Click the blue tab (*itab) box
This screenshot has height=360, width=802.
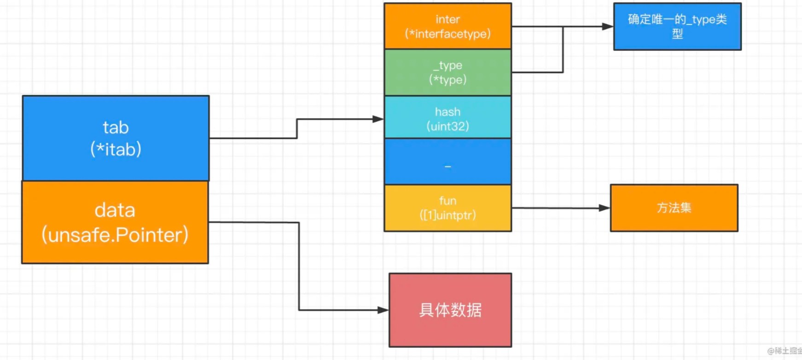[x=116, y=138]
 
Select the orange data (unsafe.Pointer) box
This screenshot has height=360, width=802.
[x=115, y=222]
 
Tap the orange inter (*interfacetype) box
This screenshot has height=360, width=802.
[x=447, y=26]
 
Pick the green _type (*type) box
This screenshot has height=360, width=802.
[x=447, y=72]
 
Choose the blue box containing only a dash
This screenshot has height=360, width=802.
[x=447, y=162]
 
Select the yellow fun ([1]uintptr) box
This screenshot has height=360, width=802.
[x=447, y=208]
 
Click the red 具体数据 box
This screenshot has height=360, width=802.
[x=450, y=310]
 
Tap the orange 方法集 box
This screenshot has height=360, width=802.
[x=674, y=208]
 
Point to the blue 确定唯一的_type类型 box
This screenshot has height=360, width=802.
[x=677, y=26]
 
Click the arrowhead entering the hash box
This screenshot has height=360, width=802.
[x=378, y=119]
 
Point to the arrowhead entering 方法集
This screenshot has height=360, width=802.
[x=604, y=208]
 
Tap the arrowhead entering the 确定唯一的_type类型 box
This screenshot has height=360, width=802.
[x=608, y=27]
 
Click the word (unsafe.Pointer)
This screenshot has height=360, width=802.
[x=115, y=235]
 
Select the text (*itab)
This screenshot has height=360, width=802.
[x=116, y=149]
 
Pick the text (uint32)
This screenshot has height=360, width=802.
[x=447, y=126]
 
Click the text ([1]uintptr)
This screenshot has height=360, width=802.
[x=447, y=215]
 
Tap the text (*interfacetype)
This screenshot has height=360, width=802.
[x=447, y=34]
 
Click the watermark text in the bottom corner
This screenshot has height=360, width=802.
[x=784, y=351]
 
